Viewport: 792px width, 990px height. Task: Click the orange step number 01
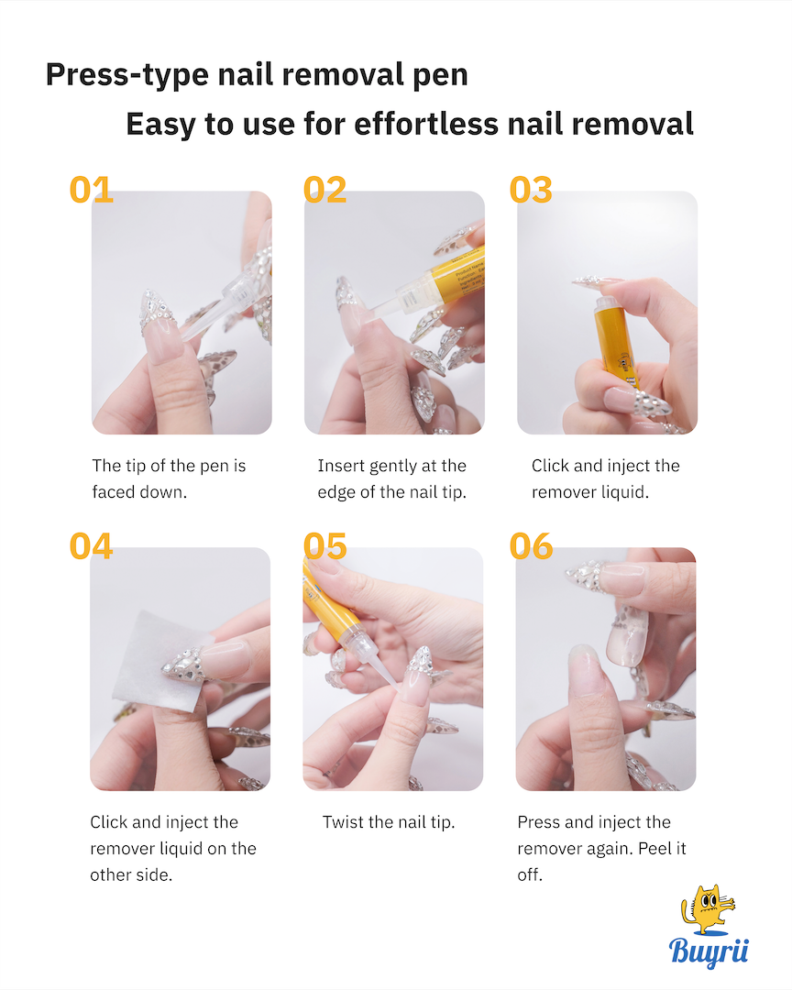(x=91, y=190)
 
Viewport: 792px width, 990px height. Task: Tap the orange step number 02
(x=324, y=190)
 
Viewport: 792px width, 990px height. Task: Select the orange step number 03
(x=531, y=190)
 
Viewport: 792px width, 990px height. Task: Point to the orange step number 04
(x=91, y=546)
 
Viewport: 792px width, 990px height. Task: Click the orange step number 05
(x=324, y=546)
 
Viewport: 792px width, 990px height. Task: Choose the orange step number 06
(x=531, y=546)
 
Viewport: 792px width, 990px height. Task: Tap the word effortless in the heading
(x=426, y=124)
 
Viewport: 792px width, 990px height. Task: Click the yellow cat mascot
(x=707, y=910)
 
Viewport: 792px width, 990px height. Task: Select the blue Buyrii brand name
(x=709, y=951)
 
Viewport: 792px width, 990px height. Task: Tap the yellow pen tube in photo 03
(x=616, y=344)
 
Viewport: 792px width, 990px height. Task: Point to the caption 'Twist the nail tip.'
(x=389, y=822)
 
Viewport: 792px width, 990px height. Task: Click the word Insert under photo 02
(x=341, y=466)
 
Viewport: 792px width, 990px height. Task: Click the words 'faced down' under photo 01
(x=139, y=492)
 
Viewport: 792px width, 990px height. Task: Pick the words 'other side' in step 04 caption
(x=130, y=875)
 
